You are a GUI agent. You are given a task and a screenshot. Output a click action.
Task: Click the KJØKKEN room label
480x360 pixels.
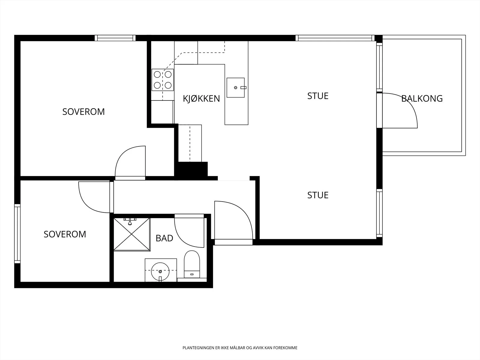[x=201, y=99]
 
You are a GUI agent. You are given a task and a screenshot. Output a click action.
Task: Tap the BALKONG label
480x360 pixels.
[x=422, y=99]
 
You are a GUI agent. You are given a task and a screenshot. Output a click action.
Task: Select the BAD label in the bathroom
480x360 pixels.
[x=164, y=238]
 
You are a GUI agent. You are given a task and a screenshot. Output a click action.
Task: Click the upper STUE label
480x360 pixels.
[x=318, y=96]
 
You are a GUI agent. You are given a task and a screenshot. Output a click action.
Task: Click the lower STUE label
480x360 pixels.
[x=318, y=195]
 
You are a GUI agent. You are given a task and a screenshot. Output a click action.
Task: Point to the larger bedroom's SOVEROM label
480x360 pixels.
[x=83, y=112]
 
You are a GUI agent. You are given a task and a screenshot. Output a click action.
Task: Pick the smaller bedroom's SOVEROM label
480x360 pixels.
[x=65, y=234]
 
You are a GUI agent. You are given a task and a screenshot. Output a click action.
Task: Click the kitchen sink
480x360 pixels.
[x=236, y=88]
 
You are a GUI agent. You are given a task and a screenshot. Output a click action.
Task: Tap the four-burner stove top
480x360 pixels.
[x=163, y=80]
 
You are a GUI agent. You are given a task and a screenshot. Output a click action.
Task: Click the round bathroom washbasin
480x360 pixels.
[x=160, y=272]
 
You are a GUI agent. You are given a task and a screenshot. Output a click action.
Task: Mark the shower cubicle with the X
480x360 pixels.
[x=132, y=234]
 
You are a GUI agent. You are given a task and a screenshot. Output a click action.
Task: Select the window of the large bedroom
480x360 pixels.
[x=115, y=38]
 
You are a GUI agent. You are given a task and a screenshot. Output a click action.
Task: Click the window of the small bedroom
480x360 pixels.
[x=17, y=234]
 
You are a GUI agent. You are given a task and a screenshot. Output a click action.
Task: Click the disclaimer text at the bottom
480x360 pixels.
[x=240, y=348]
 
